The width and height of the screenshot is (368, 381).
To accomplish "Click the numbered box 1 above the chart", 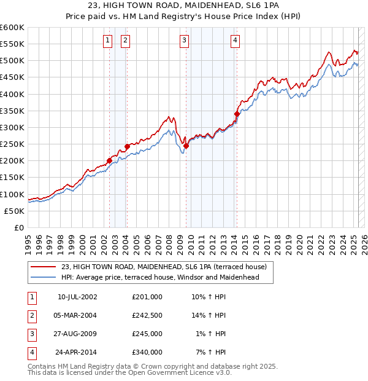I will coord(107,41).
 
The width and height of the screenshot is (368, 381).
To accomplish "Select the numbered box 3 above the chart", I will coord(184,41).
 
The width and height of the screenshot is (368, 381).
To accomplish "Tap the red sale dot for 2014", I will coord(237,114).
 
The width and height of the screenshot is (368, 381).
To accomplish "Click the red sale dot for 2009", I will coord(186,146).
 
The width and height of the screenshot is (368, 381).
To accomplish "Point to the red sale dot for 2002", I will coord(109,160).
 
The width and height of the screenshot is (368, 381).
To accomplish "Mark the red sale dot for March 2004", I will coord(127,146).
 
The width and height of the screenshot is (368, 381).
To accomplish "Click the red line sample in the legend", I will coord(43,267).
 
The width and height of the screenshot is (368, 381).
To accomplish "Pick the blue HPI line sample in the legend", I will coord(43,278).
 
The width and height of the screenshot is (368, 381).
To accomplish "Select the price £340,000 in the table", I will coord(147,352).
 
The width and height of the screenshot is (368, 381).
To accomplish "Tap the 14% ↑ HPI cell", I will coord(209,315).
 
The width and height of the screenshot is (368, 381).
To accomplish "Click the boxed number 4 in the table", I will coord(31,352).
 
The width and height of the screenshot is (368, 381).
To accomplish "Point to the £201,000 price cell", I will coord(147,297).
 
